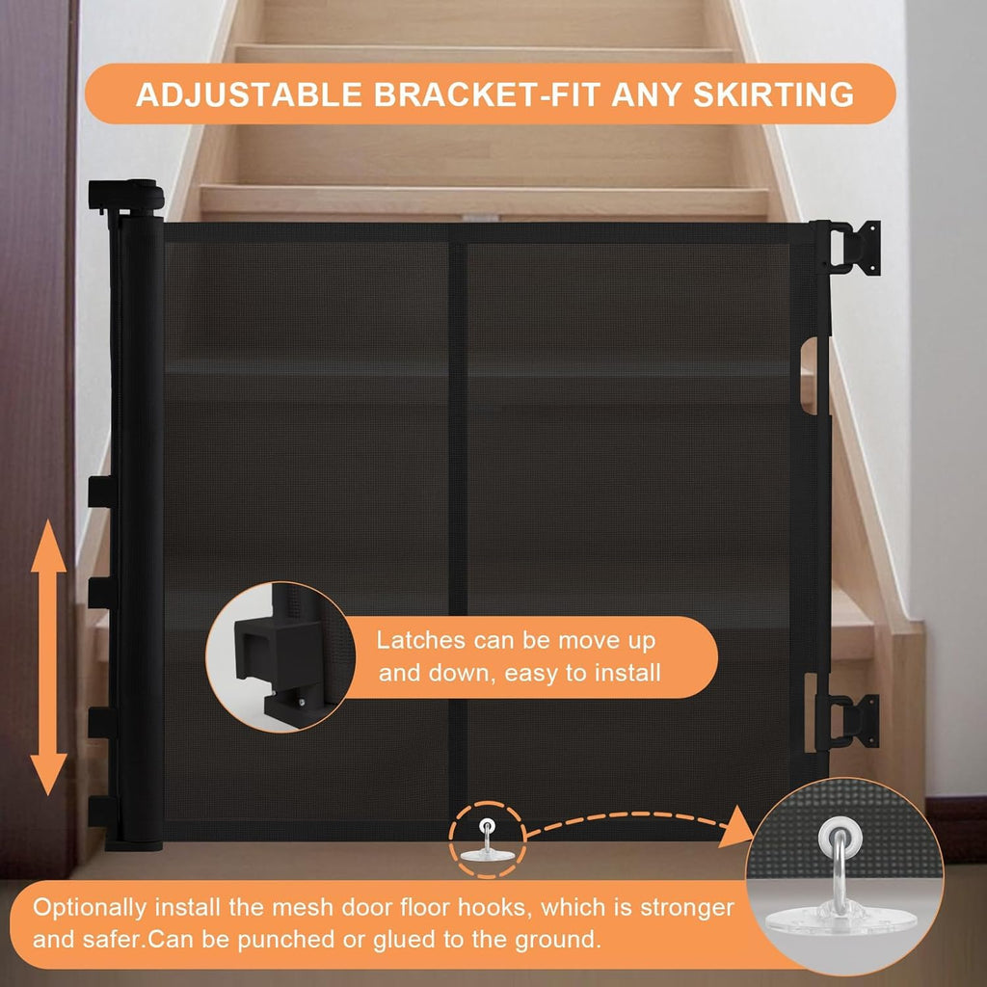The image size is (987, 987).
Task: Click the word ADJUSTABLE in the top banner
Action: (250, 94)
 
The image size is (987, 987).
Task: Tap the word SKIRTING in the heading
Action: (774, 94)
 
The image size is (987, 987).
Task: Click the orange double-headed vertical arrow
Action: (48, 657)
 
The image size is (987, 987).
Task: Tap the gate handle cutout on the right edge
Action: (810, 376)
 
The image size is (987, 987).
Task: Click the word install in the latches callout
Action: (627, 673)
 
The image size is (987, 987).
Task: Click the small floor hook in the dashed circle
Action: (486, 841)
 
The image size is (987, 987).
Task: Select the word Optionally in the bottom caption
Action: (90, 908)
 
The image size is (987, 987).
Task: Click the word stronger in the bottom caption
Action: (686, 908)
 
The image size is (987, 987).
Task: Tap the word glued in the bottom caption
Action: (405, 941)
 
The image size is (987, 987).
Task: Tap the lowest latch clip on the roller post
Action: (101, 812)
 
